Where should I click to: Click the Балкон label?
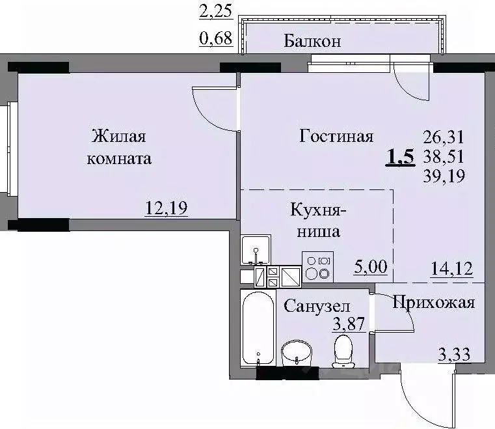click(313, 42)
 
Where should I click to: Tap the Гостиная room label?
click(336, 136)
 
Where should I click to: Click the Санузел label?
click(317, 306)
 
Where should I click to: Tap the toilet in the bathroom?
click(343, 351)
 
